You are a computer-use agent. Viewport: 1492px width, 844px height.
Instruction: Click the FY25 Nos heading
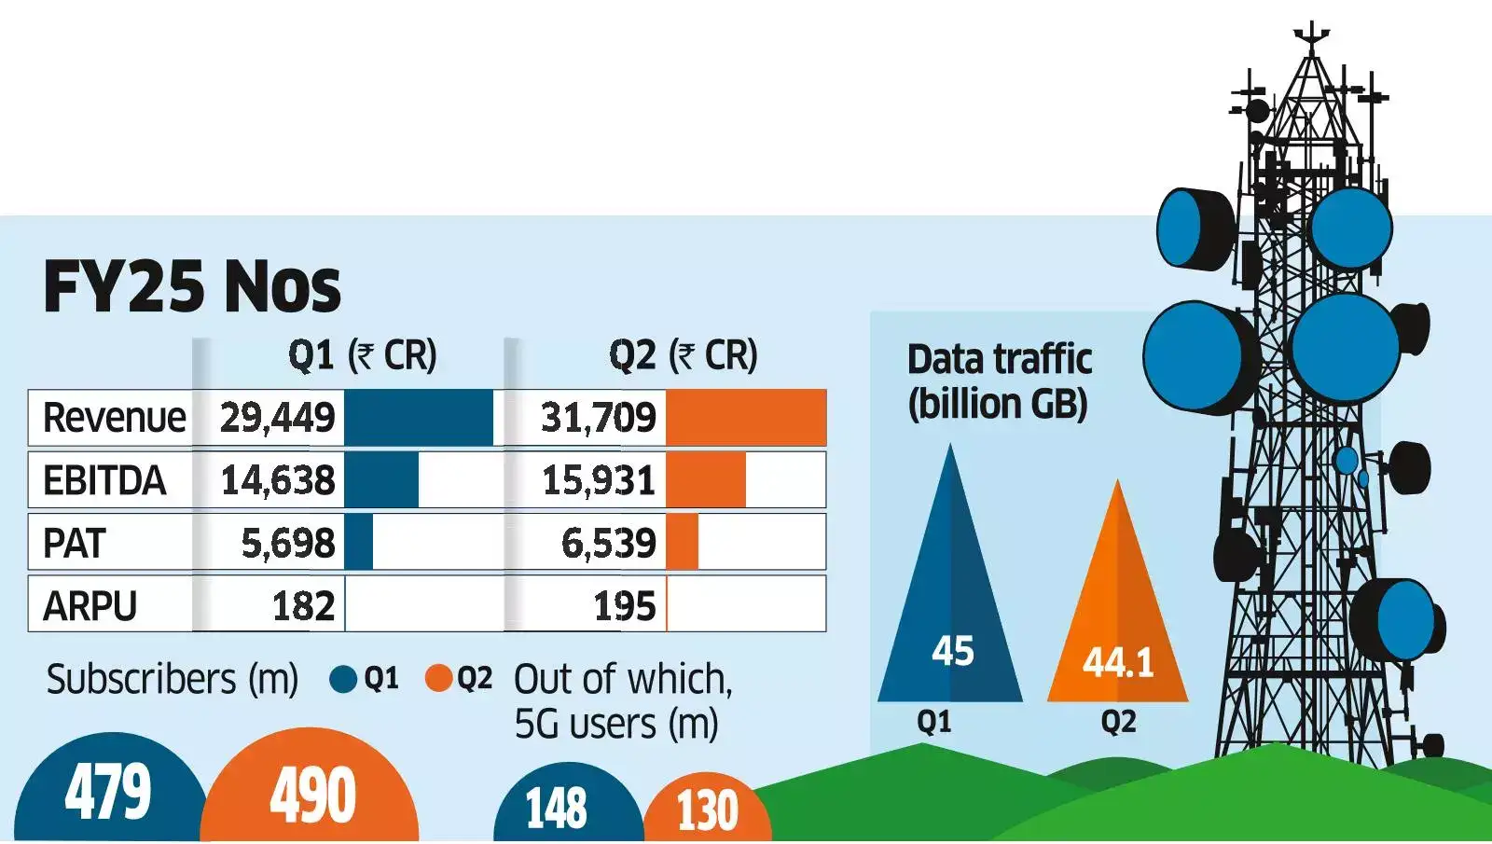(192, 286)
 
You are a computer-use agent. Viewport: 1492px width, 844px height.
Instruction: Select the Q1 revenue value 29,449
(277, 418)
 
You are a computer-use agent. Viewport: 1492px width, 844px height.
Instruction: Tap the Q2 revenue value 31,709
(599, 418)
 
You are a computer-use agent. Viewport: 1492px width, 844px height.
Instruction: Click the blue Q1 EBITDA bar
(381, 480)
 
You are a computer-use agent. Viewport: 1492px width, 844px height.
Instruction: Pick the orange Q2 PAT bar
(682, 543)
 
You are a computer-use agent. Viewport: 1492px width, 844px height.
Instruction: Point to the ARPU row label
(90, 606)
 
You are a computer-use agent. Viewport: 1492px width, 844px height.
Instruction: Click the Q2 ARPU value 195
(625, 606)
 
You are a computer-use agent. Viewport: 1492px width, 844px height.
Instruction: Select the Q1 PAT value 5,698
(287, 543)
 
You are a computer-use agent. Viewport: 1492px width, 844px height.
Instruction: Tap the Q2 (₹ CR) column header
(683, 355)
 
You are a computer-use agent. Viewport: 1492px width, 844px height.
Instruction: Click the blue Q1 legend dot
(343, 679)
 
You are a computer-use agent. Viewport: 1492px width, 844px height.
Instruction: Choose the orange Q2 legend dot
(438, 679)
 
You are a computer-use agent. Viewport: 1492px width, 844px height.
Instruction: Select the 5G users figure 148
(556, 808)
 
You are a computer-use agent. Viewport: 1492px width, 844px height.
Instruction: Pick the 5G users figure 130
(707, 809)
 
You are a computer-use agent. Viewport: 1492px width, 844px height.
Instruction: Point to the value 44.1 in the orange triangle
(1117, 663)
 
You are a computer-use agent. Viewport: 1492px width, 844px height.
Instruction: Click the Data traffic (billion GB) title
(999, 381)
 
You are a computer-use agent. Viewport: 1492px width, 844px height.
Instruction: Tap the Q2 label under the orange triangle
(1118, 722)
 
